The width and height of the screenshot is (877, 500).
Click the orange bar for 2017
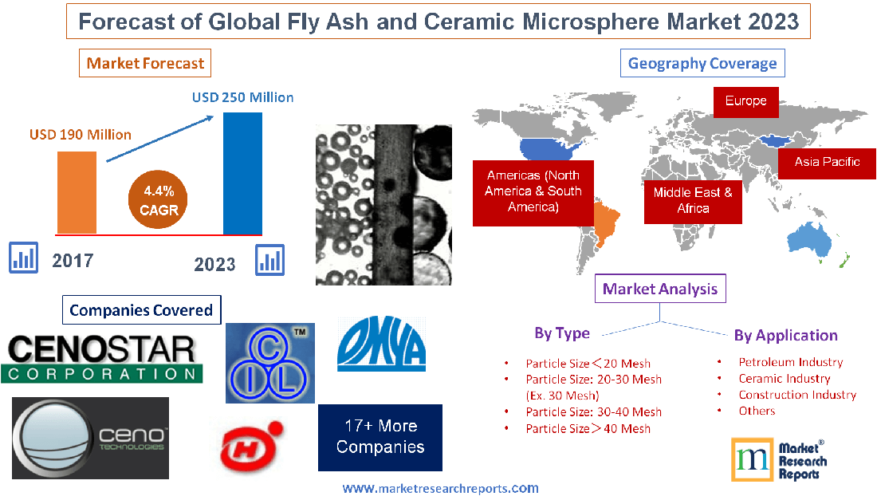point(77,192)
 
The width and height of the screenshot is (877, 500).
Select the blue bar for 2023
point(242,173)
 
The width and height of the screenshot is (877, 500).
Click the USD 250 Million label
point(242,97)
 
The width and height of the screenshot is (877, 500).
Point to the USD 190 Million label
point(81,134)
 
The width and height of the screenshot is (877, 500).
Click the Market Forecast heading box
point(145,63)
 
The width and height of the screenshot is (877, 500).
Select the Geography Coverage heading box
point(702,63)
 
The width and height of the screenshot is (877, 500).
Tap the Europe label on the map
point(745,101)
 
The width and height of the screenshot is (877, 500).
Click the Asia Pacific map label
point(827,162)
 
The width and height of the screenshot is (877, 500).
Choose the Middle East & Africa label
point(693,200)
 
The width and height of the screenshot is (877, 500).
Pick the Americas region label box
point(533,191)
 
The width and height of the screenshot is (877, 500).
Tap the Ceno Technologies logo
point(91,438)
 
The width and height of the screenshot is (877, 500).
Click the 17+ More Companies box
point(380,437)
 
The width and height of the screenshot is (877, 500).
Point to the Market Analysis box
point(660,289)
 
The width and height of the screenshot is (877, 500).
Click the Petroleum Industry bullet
point(789,362)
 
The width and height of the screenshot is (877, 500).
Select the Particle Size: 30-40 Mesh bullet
point(593,412)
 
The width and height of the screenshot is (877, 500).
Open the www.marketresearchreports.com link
point(440,488)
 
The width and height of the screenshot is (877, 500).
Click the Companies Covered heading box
point(141,310)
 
